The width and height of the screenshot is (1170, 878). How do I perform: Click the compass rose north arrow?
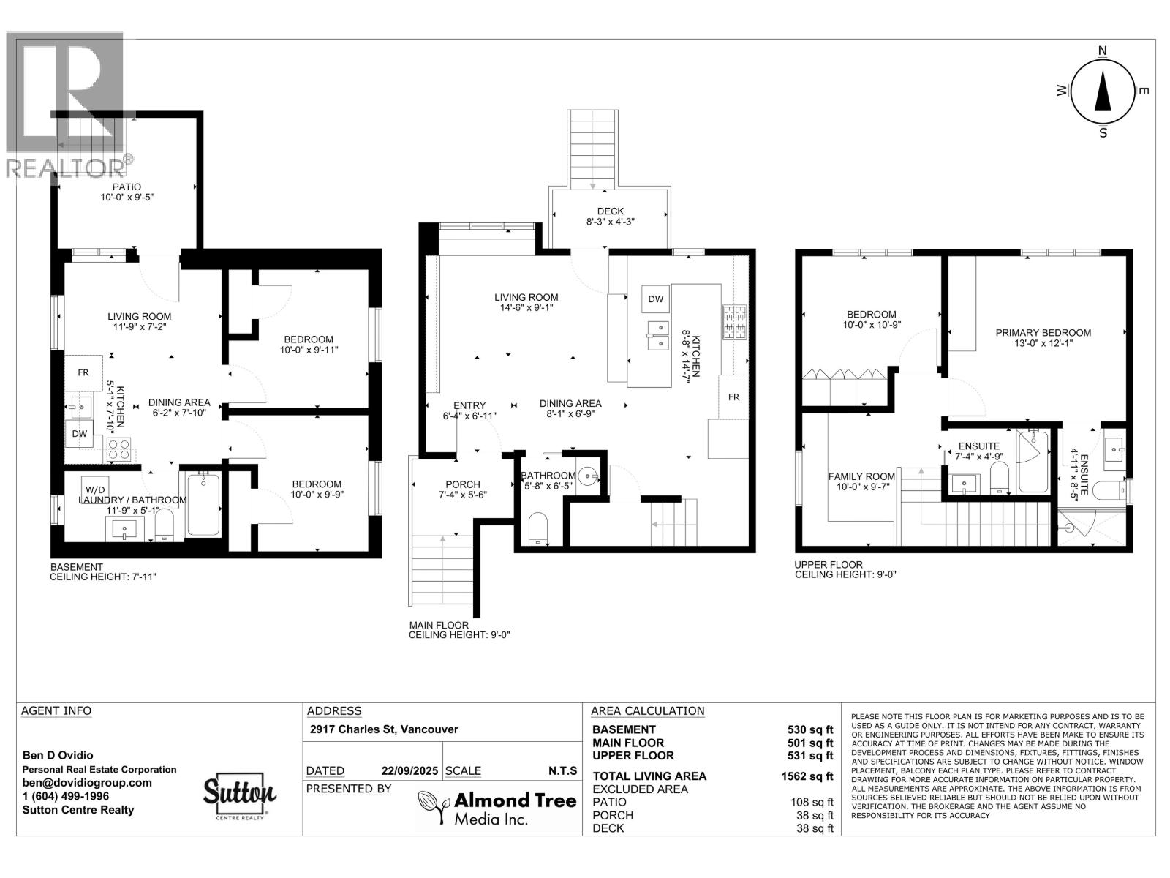[1102, 91]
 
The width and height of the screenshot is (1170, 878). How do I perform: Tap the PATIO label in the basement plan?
[127, 187]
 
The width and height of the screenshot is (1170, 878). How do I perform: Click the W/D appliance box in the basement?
[94, 489]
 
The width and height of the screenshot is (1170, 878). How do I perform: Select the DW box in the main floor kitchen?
[655, 299]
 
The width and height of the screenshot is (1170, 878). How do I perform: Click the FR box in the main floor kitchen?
[733, 397]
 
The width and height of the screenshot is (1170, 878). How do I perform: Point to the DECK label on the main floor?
[610, 211]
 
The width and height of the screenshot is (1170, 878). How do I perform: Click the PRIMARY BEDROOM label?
[1043, 333]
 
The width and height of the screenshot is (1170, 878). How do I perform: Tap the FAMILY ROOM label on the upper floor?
[861, 476]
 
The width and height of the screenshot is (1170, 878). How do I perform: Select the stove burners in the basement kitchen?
[119, 449]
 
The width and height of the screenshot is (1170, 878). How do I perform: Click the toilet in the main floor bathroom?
[537, 529]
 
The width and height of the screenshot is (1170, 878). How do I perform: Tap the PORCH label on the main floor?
[463, 484]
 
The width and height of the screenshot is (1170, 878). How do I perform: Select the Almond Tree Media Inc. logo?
[497, 808]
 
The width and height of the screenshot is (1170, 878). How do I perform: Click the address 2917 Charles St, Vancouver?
[384, 729]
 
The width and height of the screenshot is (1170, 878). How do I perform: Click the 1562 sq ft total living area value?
[807, 776]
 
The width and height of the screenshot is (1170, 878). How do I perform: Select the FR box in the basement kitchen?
[83, 372]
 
